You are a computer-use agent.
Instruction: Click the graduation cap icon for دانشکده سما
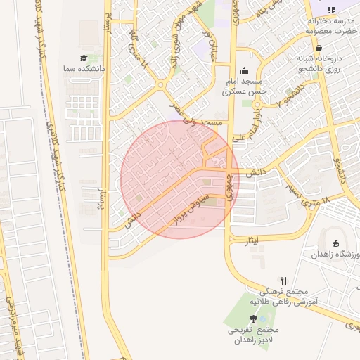click(84, 58)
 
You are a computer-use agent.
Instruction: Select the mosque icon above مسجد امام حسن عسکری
click(244, 70)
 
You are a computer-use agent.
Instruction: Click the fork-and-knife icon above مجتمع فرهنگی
click(283, 280)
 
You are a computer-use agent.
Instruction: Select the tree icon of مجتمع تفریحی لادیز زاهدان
click(253, 319)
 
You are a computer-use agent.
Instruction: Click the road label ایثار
click(252, 241)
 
